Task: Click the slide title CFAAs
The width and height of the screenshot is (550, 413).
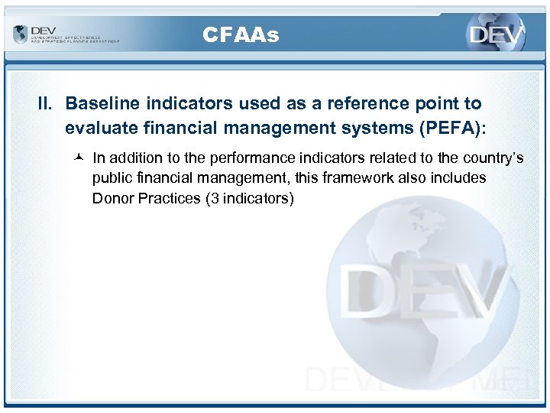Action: (x=241, y=34)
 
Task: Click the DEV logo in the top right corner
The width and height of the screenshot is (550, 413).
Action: (x=497, y=35)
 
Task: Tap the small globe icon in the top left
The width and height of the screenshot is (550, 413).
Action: (x=20, y=34)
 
